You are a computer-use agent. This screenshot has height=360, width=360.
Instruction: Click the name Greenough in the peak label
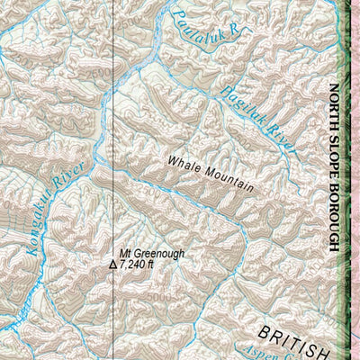pos(162,254)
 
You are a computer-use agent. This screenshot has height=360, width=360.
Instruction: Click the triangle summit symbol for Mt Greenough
pos(112,265)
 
